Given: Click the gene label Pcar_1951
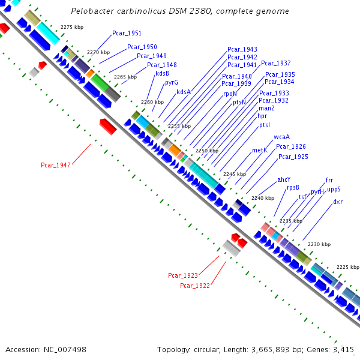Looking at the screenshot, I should [x=127, y=33].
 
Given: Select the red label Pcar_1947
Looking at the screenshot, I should [x=56, y=164].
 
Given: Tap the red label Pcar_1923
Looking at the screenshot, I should [x=183, y=275].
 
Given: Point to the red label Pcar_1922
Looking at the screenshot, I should [x=195, y=286].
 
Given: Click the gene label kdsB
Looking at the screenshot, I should [x=162, y=73].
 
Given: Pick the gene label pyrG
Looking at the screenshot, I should [x=171, y=82].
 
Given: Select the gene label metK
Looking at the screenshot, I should [x=259, y=150].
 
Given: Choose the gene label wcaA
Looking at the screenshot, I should [x=273, y=137].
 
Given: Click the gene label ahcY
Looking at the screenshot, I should [x=284, y=179].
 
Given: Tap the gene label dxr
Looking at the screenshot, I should [x=338, y=202].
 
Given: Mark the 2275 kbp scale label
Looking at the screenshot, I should [x=71, y=27].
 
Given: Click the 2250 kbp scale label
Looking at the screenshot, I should [x=206, y=151].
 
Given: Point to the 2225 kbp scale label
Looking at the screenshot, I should [x=347, y=266].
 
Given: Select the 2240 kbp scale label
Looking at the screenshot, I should [x=262, y=198].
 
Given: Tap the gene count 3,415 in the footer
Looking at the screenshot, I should [x=341, y=349].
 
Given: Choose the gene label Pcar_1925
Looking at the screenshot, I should [x=293, y=157].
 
